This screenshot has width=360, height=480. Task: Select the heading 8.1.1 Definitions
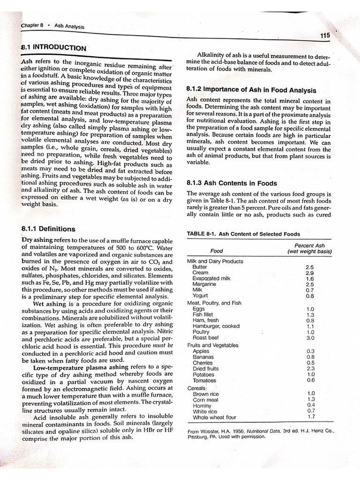pyautogui.click(x=48, y=229)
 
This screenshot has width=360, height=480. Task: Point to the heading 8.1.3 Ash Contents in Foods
pyautogui.click(x=232, y=183)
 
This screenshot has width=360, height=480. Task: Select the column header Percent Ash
pyautogui.click(x=309, y=245)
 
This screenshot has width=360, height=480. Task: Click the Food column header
pyautogui.click(x=217, y=251)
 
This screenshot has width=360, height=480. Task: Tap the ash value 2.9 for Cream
pyautogui.click(x=310, y=272)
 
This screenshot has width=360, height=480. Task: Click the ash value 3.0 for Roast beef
pyautogui.click(x=310, y=337)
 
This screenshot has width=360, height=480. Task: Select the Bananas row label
pyautogui.click(x=203, y=357)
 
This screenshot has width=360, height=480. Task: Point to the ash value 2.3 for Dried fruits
pyautogui.click(x=310, y=368)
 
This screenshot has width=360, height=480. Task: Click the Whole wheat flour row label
pyautogui.click(x=214, y=417)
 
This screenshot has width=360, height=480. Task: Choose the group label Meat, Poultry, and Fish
pyautogui.click(x=214, y=303)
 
